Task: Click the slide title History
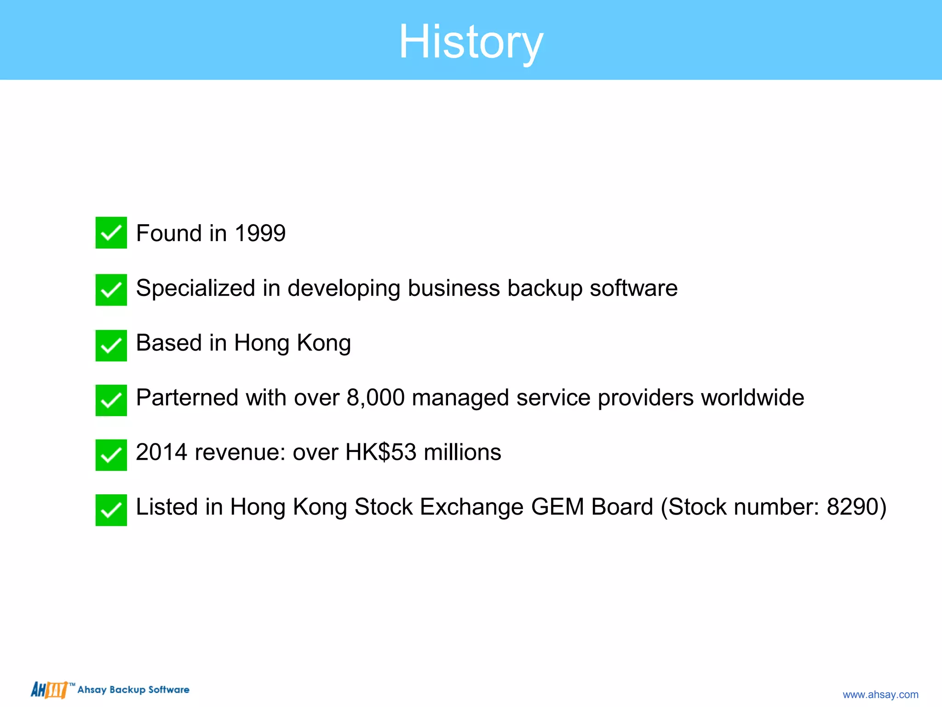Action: (471, 42)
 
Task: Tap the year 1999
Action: (260, 233)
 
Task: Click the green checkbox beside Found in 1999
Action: (111, 233)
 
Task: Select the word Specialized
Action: (195, 289)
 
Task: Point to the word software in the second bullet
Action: (633, 289)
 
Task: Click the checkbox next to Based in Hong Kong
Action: (111, 346)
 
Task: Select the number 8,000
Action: (375, 398)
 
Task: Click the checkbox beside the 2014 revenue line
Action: (111, 455)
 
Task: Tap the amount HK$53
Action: (381, 452)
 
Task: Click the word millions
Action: (462, 452)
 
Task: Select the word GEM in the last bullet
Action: (557, 507)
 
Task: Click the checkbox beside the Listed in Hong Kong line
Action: (111, 510)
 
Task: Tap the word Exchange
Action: (471, 507)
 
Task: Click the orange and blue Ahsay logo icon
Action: (49, 690)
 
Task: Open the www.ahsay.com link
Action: (880, 695)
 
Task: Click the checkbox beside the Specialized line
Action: (111, 290)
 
